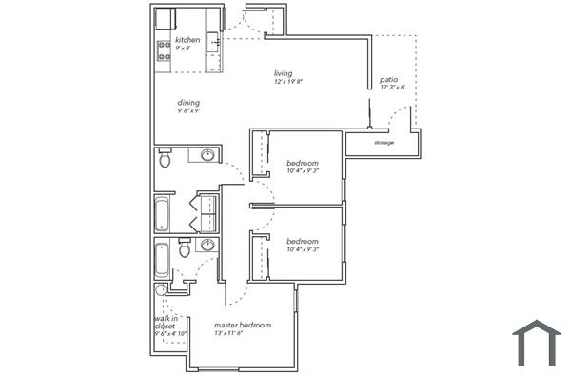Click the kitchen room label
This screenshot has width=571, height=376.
coord(187,40)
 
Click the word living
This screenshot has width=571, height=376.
coord(283,73)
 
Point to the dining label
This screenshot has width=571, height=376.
coord(187,103)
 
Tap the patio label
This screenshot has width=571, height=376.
coord(388,80)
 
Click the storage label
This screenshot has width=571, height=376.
coord(384,143)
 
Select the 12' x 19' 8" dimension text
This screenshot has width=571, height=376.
coord(286,82)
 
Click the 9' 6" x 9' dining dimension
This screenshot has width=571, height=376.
coord(188,111)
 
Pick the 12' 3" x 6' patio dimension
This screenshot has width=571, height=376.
coord(393,88)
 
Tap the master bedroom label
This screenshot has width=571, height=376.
coord(242,326)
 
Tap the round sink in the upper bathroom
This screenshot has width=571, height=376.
coord(207,155)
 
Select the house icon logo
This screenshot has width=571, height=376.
coord(537,343)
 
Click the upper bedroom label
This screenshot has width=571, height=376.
coord(303,164)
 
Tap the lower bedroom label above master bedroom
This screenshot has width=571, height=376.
coord(303,241)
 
